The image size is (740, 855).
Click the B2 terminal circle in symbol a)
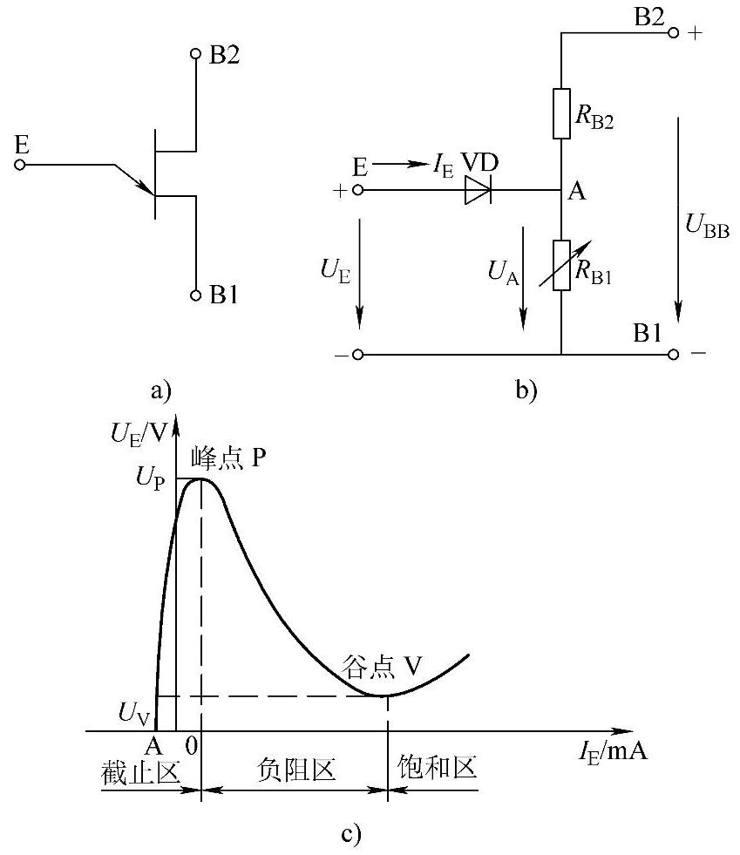(196, 54)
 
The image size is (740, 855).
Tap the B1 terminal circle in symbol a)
(196, 295)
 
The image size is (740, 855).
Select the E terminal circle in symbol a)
(21, 163)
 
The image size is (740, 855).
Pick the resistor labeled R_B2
(560, 113)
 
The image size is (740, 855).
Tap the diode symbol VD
(478, 189)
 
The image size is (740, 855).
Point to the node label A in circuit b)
(576, 193)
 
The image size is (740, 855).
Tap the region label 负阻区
(296, 770)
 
